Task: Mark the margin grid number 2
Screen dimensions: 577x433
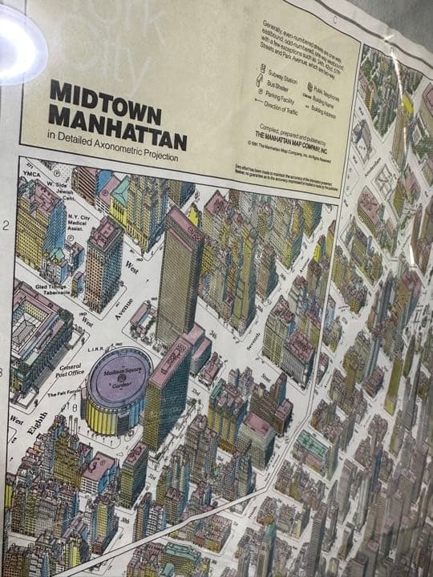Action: coord(6,225)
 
